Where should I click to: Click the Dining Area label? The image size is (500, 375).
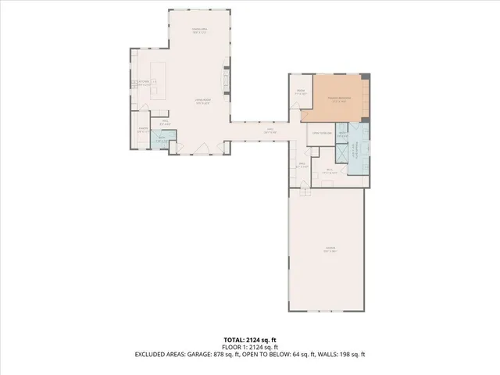[x=198, y=31]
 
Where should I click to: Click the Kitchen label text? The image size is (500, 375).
[x=144, y=84]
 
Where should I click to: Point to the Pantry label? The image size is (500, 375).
[x=144, y=130]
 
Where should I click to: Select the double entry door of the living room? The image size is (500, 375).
[x=202, y=149]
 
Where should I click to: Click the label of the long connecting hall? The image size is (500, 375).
[x=270, y=131]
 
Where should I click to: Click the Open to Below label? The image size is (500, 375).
[x=321, y=134]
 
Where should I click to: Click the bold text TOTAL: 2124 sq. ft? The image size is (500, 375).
[x=249, y=340]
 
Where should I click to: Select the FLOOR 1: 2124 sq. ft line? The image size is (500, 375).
[x=249, y=347]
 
